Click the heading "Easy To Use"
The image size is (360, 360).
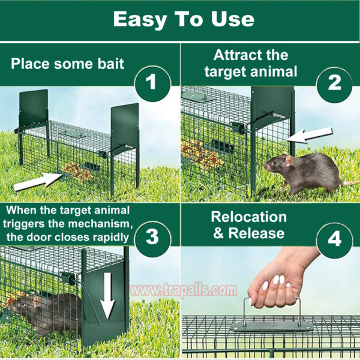[x=184, y=19]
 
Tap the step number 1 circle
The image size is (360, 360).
[x=152, y=83]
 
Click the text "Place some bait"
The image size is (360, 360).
[x=67, y=64]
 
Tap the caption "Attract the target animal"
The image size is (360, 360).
[x=251, y=63]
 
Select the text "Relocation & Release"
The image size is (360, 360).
[x=249, y=225]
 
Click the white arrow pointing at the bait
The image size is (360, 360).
[x=38, y=181]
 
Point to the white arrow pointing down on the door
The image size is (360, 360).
[x=107, y=296]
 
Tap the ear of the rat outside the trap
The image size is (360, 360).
[x=289, y=160]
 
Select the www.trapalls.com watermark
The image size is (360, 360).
[x=183, y=290]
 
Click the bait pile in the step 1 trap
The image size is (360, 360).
[x=77, y=171]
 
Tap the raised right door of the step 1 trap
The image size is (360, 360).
[x=125, y=128]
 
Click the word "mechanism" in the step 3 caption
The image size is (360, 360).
[x=100, y=224]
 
